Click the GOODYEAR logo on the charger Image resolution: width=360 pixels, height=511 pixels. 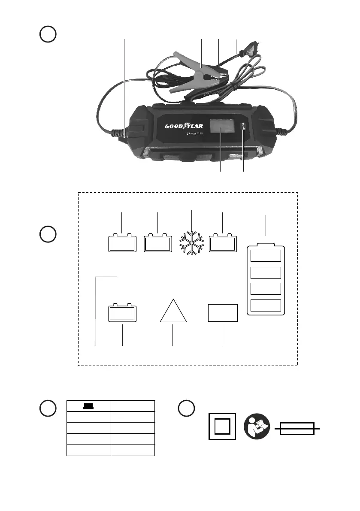click(184, 126)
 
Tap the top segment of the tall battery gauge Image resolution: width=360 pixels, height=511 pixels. click(266, 256)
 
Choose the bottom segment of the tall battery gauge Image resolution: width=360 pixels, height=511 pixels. click(266, 305)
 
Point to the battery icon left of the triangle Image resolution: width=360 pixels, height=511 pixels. click(122, 313)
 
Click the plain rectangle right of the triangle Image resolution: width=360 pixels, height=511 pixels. click(222, 313)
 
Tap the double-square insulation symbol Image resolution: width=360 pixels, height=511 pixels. click(221, 426)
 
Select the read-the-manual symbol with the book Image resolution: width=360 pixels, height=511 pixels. click(257, 426)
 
